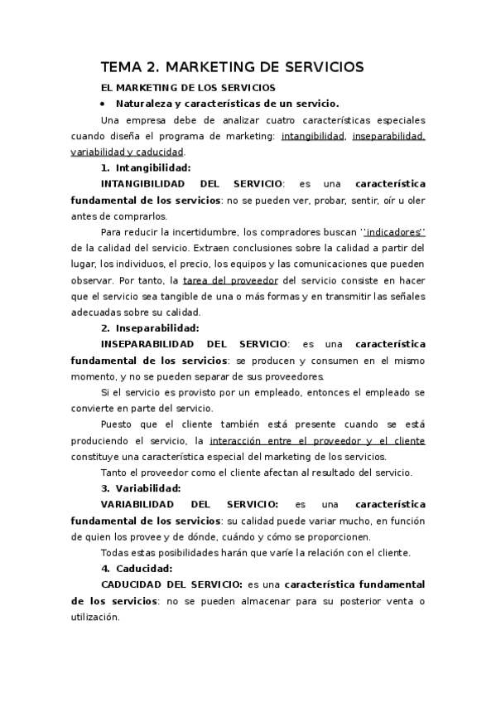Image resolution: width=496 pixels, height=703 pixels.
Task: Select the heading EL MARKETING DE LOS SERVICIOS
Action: (187, 87)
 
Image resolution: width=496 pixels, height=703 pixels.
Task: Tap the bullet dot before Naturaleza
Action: (102, 104)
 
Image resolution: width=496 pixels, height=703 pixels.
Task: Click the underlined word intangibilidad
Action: (314, 136)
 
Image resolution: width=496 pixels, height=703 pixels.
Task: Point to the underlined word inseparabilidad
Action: (388, 136)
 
